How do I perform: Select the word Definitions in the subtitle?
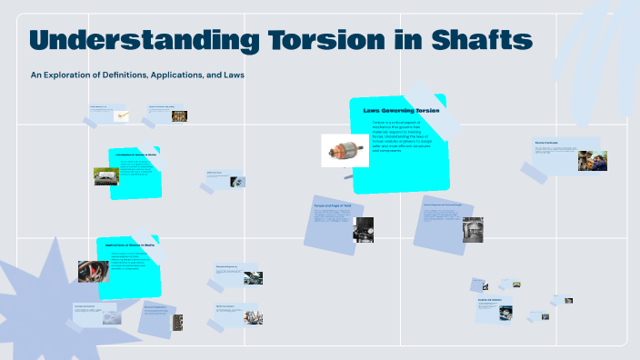coord(114,75)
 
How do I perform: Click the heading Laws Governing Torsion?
coord(401,110)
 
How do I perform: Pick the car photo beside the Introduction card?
coord(105,175)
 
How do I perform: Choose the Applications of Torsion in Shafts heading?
coord(131,245)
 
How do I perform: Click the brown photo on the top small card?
coord(180,115)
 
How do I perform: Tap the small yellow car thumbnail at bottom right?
coord(516,285)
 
